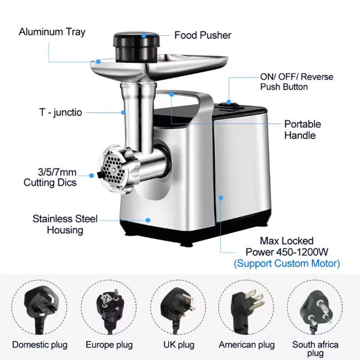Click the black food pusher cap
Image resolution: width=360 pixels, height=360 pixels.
pyautogui.click(x=136, y=47)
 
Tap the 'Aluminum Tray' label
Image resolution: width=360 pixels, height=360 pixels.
pyautogui.click(x=52, y=32)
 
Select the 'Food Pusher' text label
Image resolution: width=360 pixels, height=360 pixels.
pyautogui.click(x=203, y=36)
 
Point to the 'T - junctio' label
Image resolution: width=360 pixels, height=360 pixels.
pyautogui.click(x=61, y=112)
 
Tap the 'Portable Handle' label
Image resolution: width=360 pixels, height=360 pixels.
pyautogui.click(x=302, y=130)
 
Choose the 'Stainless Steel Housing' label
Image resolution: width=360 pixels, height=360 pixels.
pyautogui.click(x=65, y=224)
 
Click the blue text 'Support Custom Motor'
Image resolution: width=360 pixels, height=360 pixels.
pyautogui.click(x=287, y=263)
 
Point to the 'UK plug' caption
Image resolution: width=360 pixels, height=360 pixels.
pyautogui.click(x=179, y=345)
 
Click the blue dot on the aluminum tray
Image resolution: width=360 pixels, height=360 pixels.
pyautogui.click(x=98, y=62)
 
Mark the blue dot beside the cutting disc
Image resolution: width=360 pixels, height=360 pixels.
pyautogui.click(x=92, y=175)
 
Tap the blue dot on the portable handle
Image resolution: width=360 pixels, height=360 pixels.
pyautogui.click(x=171, y=94)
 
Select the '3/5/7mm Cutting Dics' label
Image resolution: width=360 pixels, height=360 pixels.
pyautogui.click(x=50, y=177)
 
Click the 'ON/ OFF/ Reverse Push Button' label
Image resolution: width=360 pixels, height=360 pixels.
pyautogui.click(x=297, y=82)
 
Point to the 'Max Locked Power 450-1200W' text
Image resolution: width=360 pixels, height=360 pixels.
pyautogui.click(x=287, y=246)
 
